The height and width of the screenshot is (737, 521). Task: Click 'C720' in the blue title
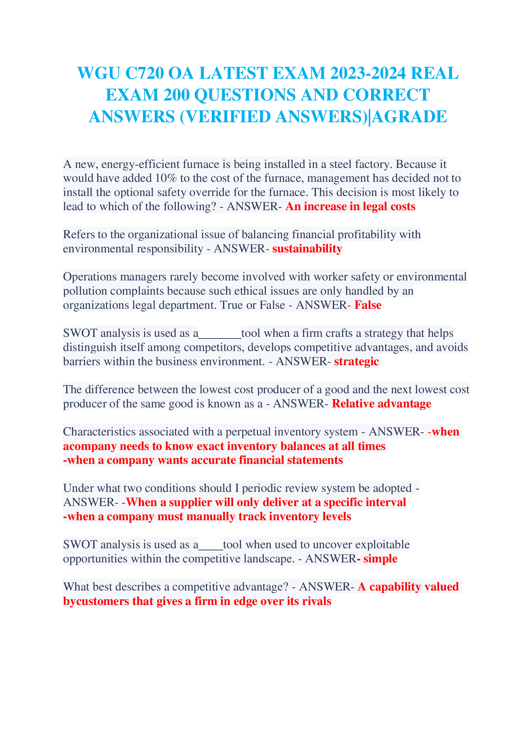[x=144, y=73]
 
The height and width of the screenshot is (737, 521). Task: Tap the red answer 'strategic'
[x=356, y=361]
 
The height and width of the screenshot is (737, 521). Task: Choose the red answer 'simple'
[x=380, y=559]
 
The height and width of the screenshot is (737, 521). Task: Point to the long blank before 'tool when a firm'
[x=220, y=334]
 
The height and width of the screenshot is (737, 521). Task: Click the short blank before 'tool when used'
[x=210, y=545]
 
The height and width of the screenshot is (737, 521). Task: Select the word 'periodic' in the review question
[x=261, y=488]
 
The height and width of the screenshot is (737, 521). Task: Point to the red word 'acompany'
[x=89, y=446]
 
